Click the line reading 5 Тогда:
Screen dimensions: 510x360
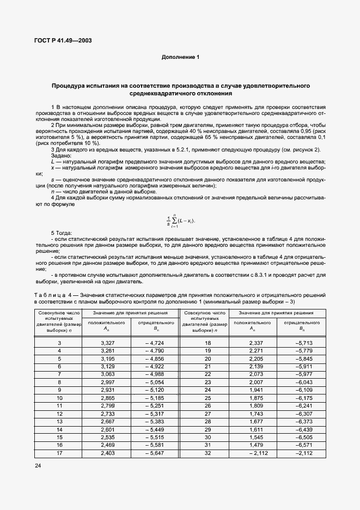point(63,233)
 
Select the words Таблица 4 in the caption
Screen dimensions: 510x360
point(52,295)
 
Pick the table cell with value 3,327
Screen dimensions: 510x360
point(107,343)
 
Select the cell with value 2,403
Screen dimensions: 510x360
point(107,453)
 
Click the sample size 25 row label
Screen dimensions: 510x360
point(207,398)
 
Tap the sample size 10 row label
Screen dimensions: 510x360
point(59,398)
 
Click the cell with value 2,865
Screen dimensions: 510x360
point(107,398)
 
